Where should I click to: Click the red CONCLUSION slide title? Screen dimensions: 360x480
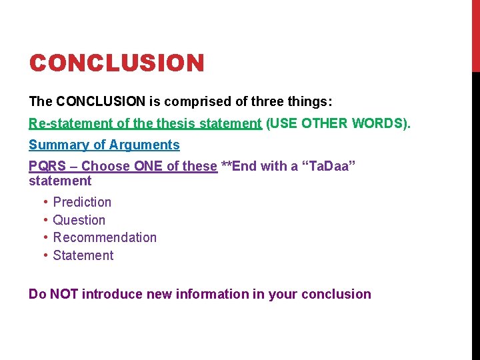click(x=117, y=63)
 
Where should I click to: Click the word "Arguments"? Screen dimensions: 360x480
click(x=145, y=145)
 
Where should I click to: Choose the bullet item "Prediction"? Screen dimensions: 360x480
click(x=82, y=202)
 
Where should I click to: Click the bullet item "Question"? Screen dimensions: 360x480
click(x=79, y=220)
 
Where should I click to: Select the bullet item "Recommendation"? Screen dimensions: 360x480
click(x=105, y=237)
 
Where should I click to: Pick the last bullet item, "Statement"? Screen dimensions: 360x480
click(x=83, y=255)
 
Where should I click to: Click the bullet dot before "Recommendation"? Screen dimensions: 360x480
click(x=45, y=238)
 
